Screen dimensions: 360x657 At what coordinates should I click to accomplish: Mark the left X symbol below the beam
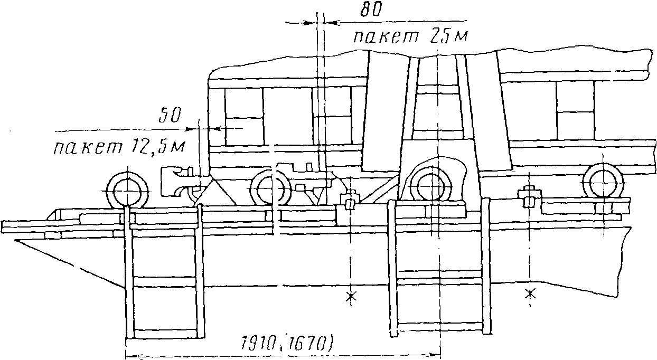[x=349, y=297]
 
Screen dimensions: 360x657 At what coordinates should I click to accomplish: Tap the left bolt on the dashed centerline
[x=349, y=202]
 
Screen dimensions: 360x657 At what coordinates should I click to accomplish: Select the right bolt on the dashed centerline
[x=528, y=197]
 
